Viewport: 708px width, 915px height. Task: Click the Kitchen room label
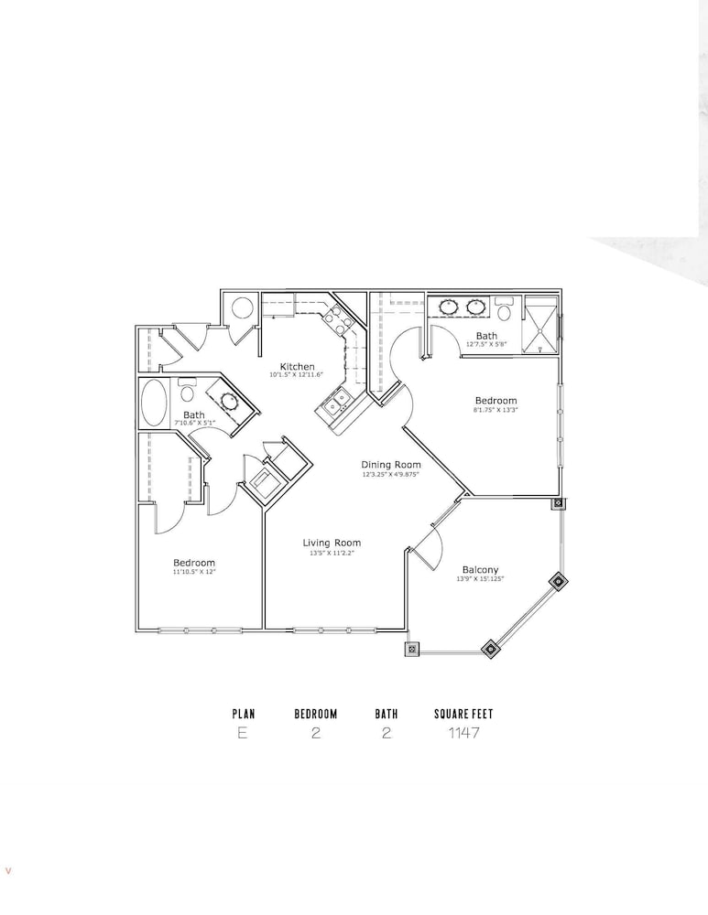coord(298,367)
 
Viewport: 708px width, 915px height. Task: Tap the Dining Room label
coord(391,465)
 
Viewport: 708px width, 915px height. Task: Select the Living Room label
coord(332,543)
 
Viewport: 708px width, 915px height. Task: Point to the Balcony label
coord(480,569)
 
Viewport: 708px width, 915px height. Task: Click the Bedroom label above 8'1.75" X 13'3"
coord(496,401)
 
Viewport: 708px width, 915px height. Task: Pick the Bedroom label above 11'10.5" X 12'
coord(194,563)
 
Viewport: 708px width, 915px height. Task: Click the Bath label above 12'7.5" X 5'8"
coord(486,336)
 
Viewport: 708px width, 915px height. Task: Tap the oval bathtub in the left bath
coord(154,404)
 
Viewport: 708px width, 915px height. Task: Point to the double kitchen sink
coord(336,402)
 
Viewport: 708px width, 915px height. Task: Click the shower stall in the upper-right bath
coord(540,325)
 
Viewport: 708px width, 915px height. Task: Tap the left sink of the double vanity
coord(449,306)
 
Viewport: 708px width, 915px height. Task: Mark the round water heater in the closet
coord(243,308)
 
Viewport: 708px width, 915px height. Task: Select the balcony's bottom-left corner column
coord(412,649)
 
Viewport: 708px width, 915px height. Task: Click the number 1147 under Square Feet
coord(463,732)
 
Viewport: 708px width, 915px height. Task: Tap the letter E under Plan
coord(243,732)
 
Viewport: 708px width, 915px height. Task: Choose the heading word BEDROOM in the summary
coord(315,714)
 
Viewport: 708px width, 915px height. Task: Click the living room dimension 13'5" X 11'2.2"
coord(332,553)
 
